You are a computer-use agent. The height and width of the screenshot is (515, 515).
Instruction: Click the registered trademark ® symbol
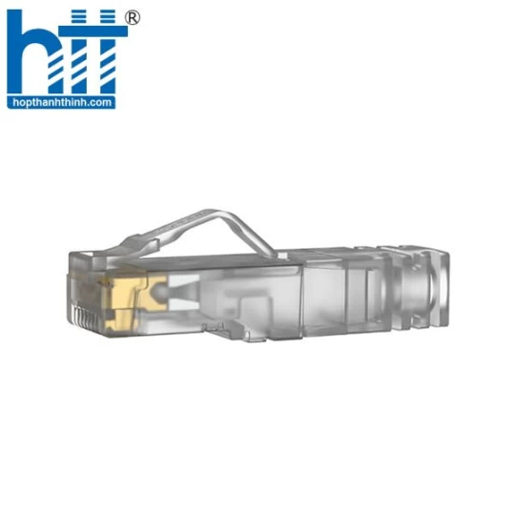133,18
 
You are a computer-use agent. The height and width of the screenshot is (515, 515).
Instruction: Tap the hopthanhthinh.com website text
62,102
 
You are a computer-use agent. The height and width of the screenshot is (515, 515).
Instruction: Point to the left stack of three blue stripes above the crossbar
78,16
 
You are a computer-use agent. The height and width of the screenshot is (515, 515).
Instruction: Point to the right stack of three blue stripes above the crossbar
108,16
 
